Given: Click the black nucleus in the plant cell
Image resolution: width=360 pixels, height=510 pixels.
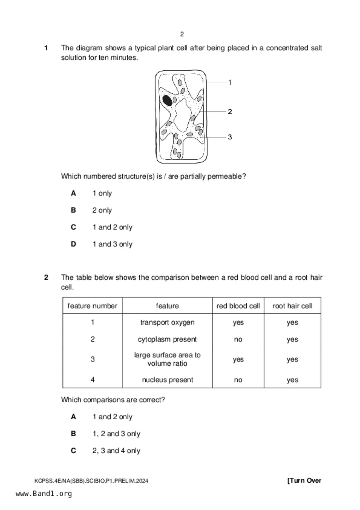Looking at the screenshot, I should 167,101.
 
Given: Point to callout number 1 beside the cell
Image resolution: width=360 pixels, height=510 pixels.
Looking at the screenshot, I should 230,83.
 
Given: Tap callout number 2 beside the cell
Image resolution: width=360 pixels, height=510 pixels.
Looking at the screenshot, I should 230,111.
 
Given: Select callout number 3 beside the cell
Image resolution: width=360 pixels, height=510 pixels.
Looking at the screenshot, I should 230,137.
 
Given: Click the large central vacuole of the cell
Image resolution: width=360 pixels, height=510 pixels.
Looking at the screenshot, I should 182,115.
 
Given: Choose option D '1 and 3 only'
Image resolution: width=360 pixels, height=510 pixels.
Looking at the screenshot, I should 112,244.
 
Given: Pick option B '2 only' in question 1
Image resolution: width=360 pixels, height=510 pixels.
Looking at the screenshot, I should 102,210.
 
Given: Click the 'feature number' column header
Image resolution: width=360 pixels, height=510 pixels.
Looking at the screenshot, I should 92,306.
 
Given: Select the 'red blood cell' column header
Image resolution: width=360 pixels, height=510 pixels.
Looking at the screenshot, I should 238,306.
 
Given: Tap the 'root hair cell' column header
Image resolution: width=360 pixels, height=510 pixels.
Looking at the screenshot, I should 292,306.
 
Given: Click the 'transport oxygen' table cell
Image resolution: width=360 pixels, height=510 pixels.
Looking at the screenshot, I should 167,322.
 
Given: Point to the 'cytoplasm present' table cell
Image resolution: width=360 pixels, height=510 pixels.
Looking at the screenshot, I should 167,339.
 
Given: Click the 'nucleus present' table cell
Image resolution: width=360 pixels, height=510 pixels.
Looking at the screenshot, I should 167,380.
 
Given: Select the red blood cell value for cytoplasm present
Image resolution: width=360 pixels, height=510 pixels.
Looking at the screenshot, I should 238,339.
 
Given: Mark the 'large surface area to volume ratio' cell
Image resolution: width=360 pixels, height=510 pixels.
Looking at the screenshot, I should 167,359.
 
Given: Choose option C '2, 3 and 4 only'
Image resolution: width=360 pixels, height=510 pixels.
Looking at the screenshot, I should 116,451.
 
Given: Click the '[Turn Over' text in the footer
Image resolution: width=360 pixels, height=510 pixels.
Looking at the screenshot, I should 304,481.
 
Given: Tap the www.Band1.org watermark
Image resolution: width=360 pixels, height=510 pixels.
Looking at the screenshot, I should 44,494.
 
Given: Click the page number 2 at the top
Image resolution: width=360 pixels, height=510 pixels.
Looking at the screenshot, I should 182,34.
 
